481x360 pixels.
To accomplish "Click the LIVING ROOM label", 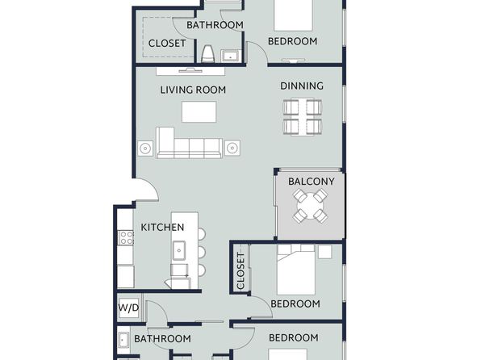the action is coord(193,90).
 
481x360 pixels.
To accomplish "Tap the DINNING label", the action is coord(302,86).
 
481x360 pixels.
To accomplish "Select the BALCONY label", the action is coord(311,182).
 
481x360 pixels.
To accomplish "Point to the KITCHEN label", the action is coord(162,228).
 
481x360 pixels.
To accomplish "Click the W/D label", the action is coord(129,308).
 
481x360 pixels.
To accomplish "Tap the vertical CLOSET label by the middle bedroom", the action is coord(240,271).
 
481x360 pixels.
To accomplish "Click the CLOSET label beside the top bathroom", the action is coord(167,44).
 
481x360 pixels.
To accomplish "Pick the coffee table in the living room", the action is coord(199,111).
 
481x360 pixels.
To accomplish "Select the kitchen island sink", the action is coord(179,250).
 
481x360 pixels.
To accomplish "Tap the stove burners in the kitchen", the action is coord(127,237).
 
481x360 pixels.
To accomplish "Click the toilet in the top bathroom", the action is coord(207,54).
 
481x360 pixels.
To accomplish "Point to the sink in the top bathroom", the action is coord(230,56).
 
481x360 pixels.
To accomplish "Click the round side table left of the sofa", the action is coord(145,149).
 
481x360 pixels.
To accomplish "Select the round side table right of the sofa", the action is coord(232,149).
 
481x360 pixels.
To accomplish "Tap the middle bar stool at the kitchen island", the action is coord(201,253).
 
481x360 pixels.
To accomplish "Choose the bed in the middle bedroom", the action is coord(296,270).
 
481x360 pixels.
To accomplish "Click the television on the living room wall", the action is coord(190,70).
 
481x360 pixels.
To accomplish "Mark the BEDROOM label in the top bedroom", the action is coord(293,41).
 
